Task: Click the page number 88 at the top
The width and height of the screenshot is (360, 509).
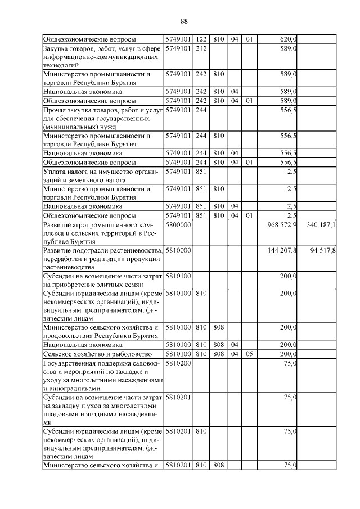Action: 184,21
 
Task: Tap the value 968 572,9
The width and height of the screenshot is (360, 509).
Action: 281,225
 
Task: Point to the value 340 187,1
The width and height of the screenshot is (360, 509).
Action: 321,225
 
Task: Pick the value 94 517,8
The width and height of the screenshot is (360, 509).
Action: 323,250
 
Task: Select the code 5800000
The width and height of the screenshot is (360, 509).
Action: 178,225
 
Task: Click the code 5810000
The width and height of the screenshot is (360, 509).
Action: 178,250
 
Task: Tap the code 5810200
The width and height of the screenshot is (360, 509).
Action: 178,364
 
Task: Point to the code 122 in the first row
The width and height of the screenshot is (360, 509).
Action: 201,39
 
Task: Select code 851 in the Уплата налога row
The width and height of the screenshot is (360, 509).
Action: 201,171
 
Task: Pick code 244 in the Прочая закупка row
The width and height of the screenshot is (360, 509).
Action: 201,110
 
